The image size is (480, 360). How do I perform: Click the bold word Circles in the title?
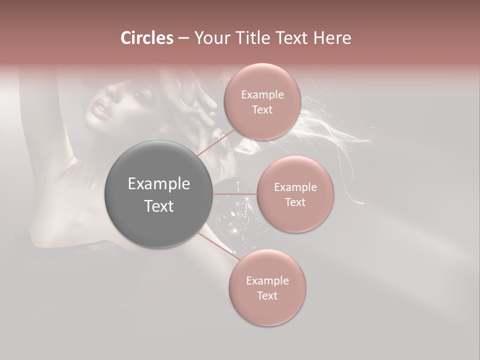146,37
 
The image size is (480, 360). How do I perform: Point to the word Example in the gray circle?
158,184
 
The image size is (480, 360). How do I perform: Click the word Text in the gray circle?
158,205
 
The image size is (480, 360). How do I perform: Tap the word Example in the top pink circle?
262,94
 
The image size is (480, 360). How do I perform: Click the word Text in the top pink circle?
262,109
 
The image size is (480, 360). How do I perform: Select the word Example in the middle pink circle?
295,187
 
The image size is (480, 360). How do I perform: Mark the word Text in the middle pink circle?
295,202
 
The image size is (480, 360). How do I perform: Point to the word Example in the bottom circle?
267,280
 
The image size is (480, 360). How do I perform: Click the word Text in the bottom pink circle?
267,295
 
